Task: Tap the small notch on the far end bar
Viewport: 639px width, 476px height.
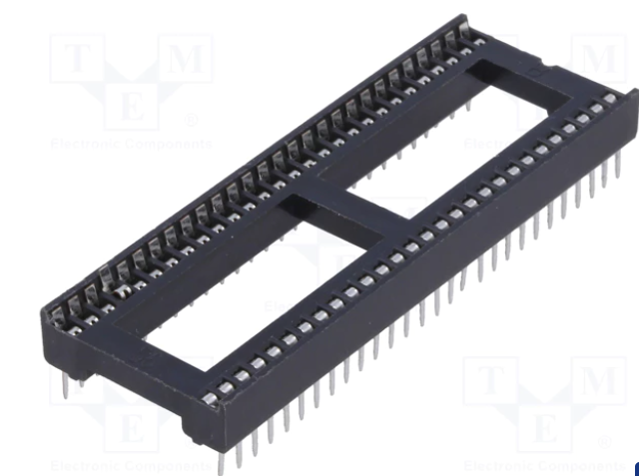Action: [x=540, y=72]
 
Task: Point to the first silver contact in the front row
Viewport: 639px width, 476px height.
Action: [x=211, y=400]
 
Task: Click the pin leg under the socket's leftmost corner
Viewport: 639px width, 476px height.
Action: [x=66, y=384]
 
